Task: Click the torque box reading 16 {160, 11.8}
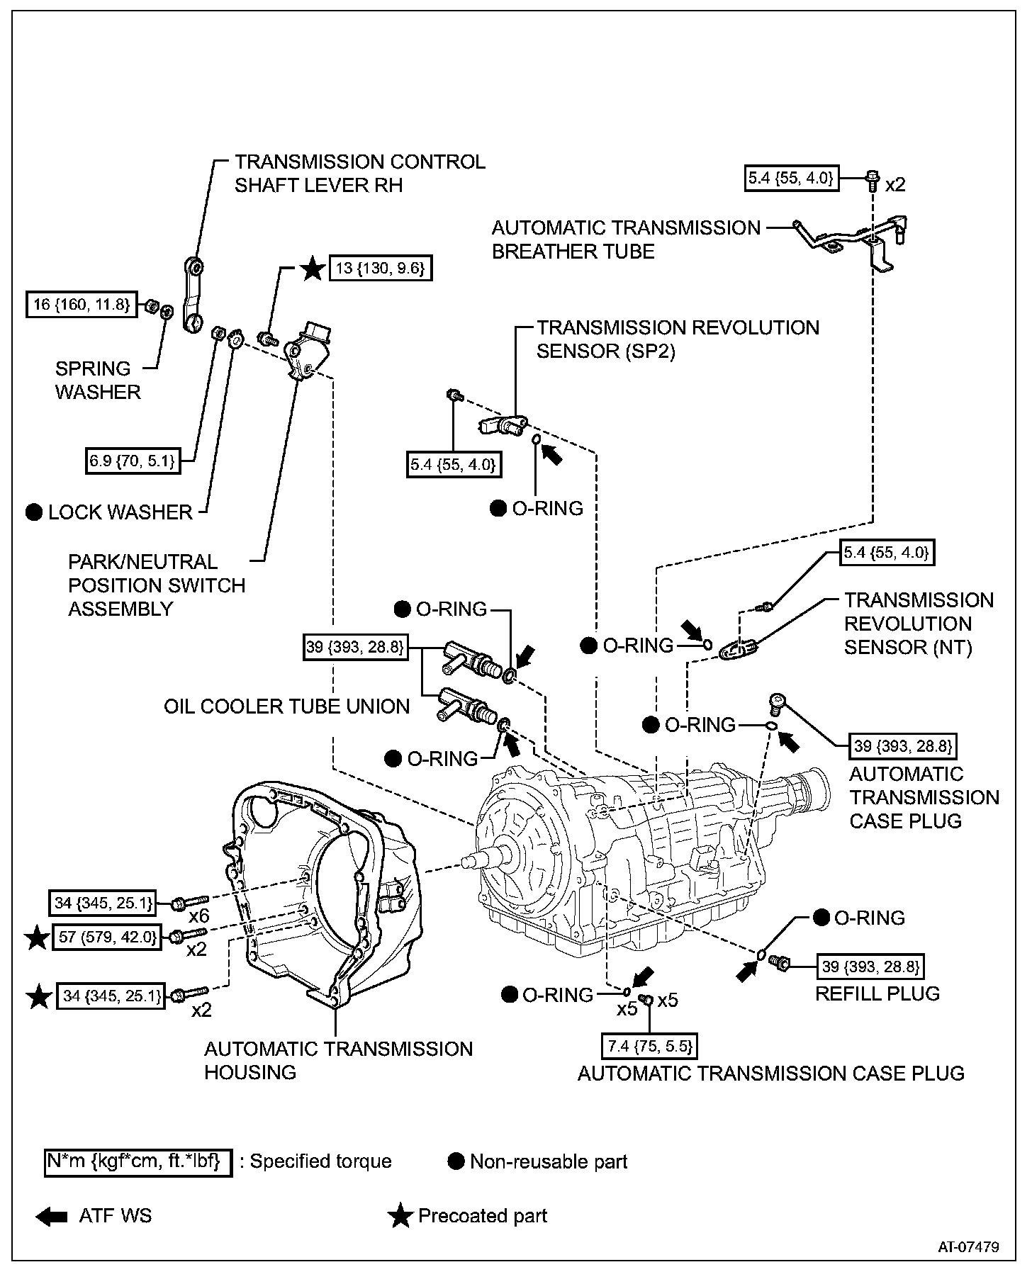(81, 305)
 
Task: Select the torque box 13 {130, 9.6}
(381, 269)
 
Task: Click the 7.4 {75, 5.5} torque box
(649, 1046)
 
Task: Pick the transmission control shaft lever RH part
(193, 294)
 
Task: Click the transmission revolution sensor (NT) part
(739, 648)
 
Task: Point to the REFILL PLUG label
(877, 993)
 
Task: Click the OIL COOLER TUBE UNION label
(286, 706)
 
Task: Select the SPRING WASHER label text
(98, 380)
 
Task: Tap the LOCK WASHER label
(120, 512)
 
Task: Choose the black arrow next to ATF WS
(51, 1216)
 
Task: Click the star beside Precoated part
(400, 1216)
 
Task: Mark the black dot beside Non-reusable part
(456, 1161)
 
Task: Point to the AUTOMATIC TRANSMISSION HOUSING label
(338, 1060)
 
